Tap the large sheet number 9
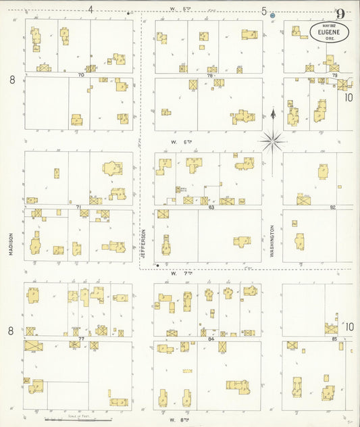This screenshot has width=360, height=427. (340, 14)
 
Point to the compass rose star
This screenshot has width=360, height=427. (272, 140)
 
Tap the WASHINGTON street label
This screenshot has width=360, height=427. (272, 240)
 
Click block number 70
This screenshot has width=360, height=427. (81, 74)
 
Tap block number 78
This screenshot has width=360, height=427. (210, 75)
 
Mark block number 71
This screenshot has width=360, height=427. (79, 206)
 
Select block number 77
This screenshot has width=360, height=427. (80, 337)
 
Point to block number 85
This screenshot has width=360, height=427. (334, 338)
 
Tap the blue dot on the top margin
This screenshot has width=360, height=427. (272, 14)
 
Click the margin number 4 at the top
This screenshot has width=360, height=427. (91, 9)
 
